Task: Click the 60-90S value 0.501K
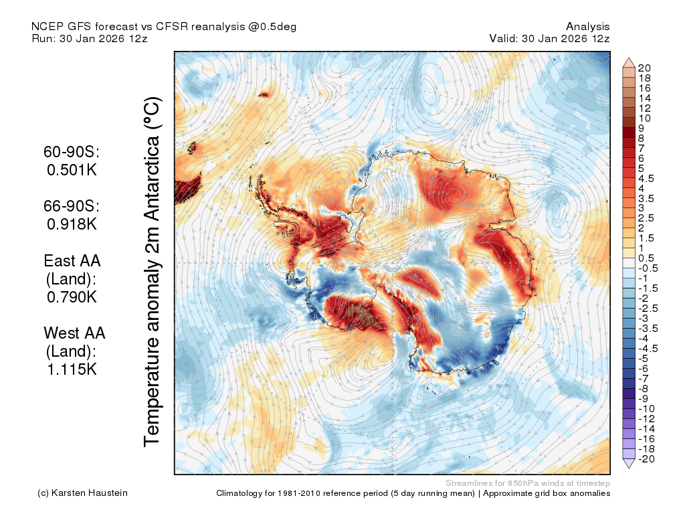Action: tap(72, 169)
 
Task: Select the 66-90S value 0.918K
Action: tap(72, 224)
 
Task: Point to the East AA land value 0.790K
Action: tap(72, 296)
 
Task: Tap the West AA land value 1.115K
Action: tap(72, 369)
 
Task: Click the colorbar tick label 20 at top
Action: tap(644, 68)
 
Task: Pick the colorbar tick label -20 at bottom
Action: tap(647, 459)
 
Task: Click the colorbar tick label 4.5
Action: tap(646, 178)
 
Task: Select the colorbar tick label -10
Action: tap(647, 409)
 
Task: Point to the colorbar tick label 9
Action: tap(641, 128)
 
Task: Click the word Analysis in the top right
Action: tap(587, 27)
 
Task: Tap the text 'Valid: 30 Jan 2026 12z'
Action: tap(549, 38)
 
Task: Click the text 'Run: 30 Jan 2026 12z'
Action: tap(90, 38)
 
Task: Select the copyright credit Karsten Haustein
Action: tap(90, 493)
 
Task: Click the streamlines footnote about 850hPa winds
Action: tap(528, 483)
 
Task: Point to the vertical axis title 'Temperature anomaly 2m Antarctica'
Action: tap(152, 271)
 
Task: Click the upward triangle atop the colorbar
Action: tap(629, 62)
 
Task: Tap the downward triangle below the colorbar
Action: tap(629, 464)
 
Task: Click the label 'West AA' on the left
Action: tap(74, 333)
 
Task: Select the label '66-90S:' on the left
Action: tap(72, 206)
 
